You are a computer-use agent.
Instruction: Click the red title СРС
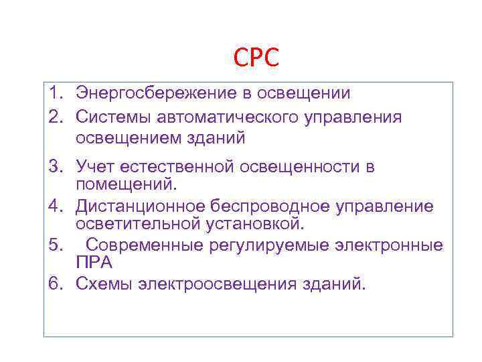(256, 58)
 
